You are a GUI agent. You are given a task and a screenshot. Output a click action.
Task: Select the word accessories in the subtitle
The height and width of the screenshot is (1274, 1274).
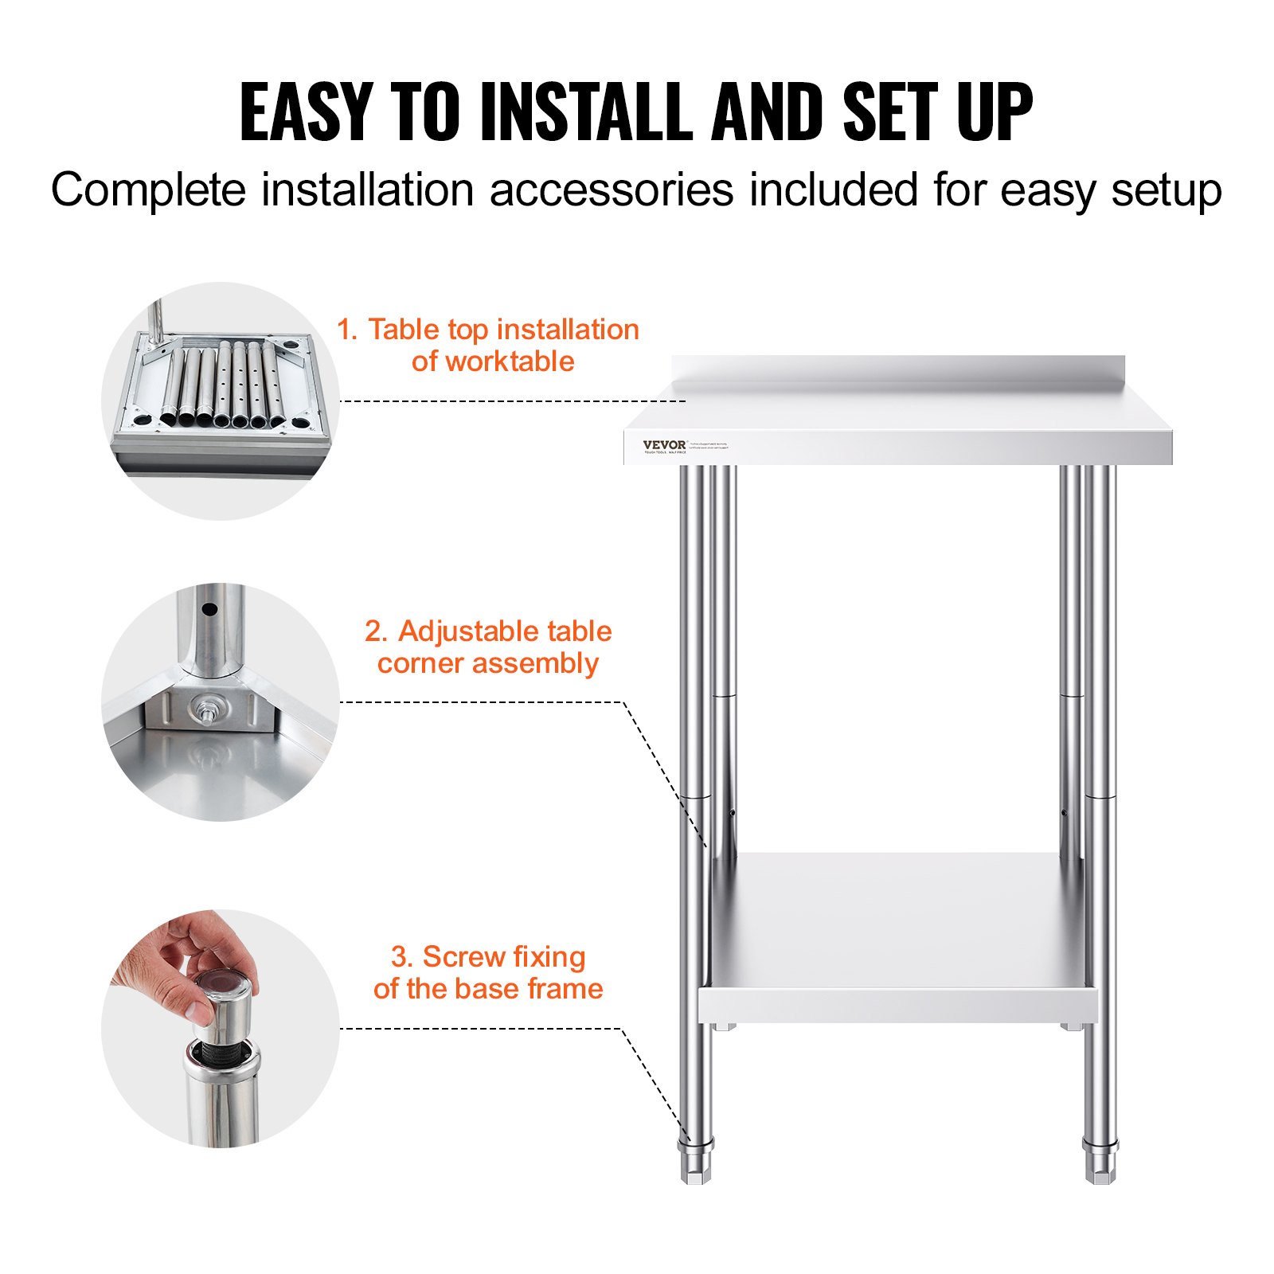pos(612,191)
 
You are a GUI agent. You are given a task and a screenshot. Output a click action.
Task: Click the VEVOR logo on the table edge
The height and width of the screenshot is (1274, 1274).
pos(664,445)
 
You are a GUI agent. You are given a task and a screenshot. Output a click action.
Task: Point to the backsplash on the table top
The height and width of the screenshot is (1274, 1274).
pos(898,372)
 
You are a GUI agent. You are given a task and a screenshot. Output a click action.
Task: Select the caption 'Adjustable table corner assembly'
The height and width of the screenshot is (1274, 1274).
pos(487,647)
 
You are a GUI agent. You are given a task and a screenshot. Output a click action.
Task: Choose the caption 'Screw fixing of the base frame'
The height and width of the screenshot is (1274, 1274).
pos(487,972)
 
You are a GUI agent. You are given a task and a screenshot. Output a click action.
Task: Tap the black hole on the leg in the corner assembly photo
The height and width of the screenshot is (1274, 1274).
pos(209,611)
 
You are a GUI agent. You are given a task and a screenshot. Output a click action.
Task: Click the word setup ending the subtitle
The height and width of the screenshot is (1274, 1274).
pos(1167,191)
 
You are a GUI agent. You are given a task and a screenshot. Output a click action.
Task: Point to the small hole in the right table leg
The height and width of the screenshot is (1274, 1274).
pos(1063,813)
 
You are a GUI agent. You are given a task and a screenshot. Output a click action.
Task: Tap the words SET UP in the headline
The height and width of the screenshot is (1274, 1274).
pos(937,112)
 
